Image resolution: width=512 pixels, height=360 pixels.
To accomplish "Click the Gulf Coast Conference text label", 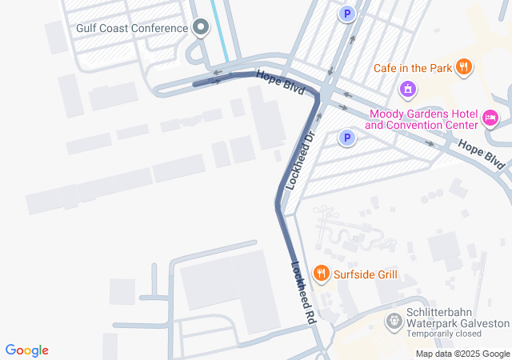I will coord(132,28).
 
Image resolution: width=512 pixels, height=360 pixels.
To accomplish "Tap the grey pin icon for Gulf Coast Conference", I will coord(201,28).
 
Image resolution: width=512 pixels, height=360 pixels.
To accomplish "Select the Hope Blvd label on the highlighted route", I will coord(280,83).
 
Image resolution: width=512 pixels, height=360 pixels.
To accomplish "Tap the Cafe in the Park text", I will coord(412,67).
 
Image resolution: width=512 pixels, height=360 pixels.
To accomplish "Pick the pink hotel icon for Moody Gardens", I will coord(491,120).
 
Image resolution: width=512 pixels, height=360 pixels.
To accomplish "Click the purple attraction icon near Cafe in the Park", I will coord(408,88).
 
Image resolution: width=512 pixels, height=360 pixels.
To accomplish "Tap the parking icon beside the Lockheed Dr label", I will coord(346,139).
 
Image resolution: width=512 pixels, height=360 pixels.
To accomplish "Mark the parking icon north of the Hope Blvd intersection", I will coord(346,14).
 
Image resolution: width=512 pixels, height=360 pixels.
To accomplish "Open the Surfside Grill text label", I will coord(365,274).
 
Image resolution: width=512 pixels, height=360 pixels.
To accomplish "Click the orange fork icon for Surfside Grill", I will coord(322,274).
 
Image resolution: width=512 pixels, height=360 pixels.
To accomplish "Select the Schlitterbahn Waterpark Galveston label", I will coord(458,318).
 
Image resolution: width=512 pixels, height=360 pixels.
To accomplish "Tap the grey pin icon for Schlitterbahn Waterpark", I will coord(394,322).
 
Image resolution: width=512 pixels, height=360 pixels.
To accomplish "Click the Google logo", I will coord(26,350).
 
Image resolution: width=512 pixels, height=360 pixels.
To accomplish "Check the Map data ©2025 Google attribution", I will coord(462,354).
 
